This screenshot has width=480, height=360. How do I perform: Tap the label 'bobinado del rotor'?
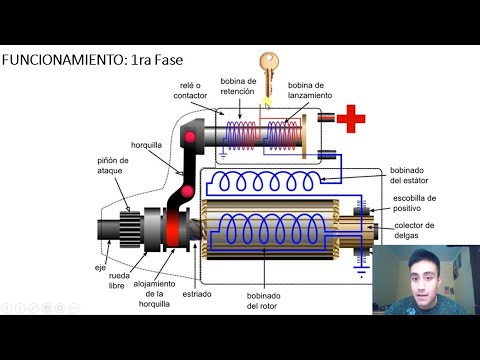click(262, 301)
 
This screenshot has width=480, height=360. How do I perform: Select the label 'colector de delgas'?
click(414, 230)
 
